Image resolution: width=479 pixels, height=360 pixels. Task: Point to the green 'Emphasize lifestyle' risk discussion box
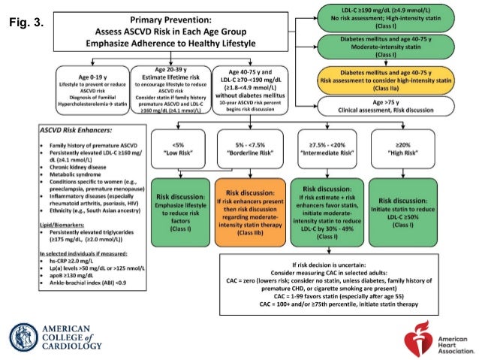(179, 211)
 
